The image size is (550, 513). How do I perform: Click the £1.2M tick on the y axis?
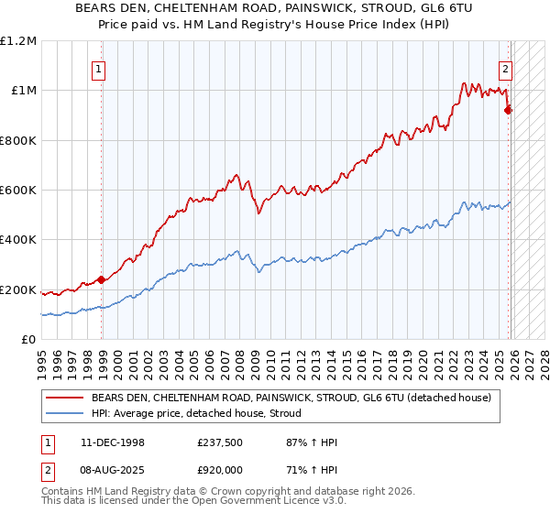coord(18,41)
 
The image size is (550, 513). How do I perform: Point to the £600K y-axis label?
coord(18,191)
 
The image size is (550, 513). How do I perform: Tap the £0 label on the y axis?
coord(29,340)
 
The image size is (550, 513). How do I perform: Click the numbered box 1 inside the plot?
coord(98,67)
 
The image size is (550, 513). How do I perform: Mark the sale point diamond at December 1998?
coord(102,280)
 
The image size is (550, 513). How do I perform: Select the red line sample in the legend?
coord(65,398)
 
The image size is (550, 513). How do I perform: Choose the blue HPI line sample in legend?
coord(65,413)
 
